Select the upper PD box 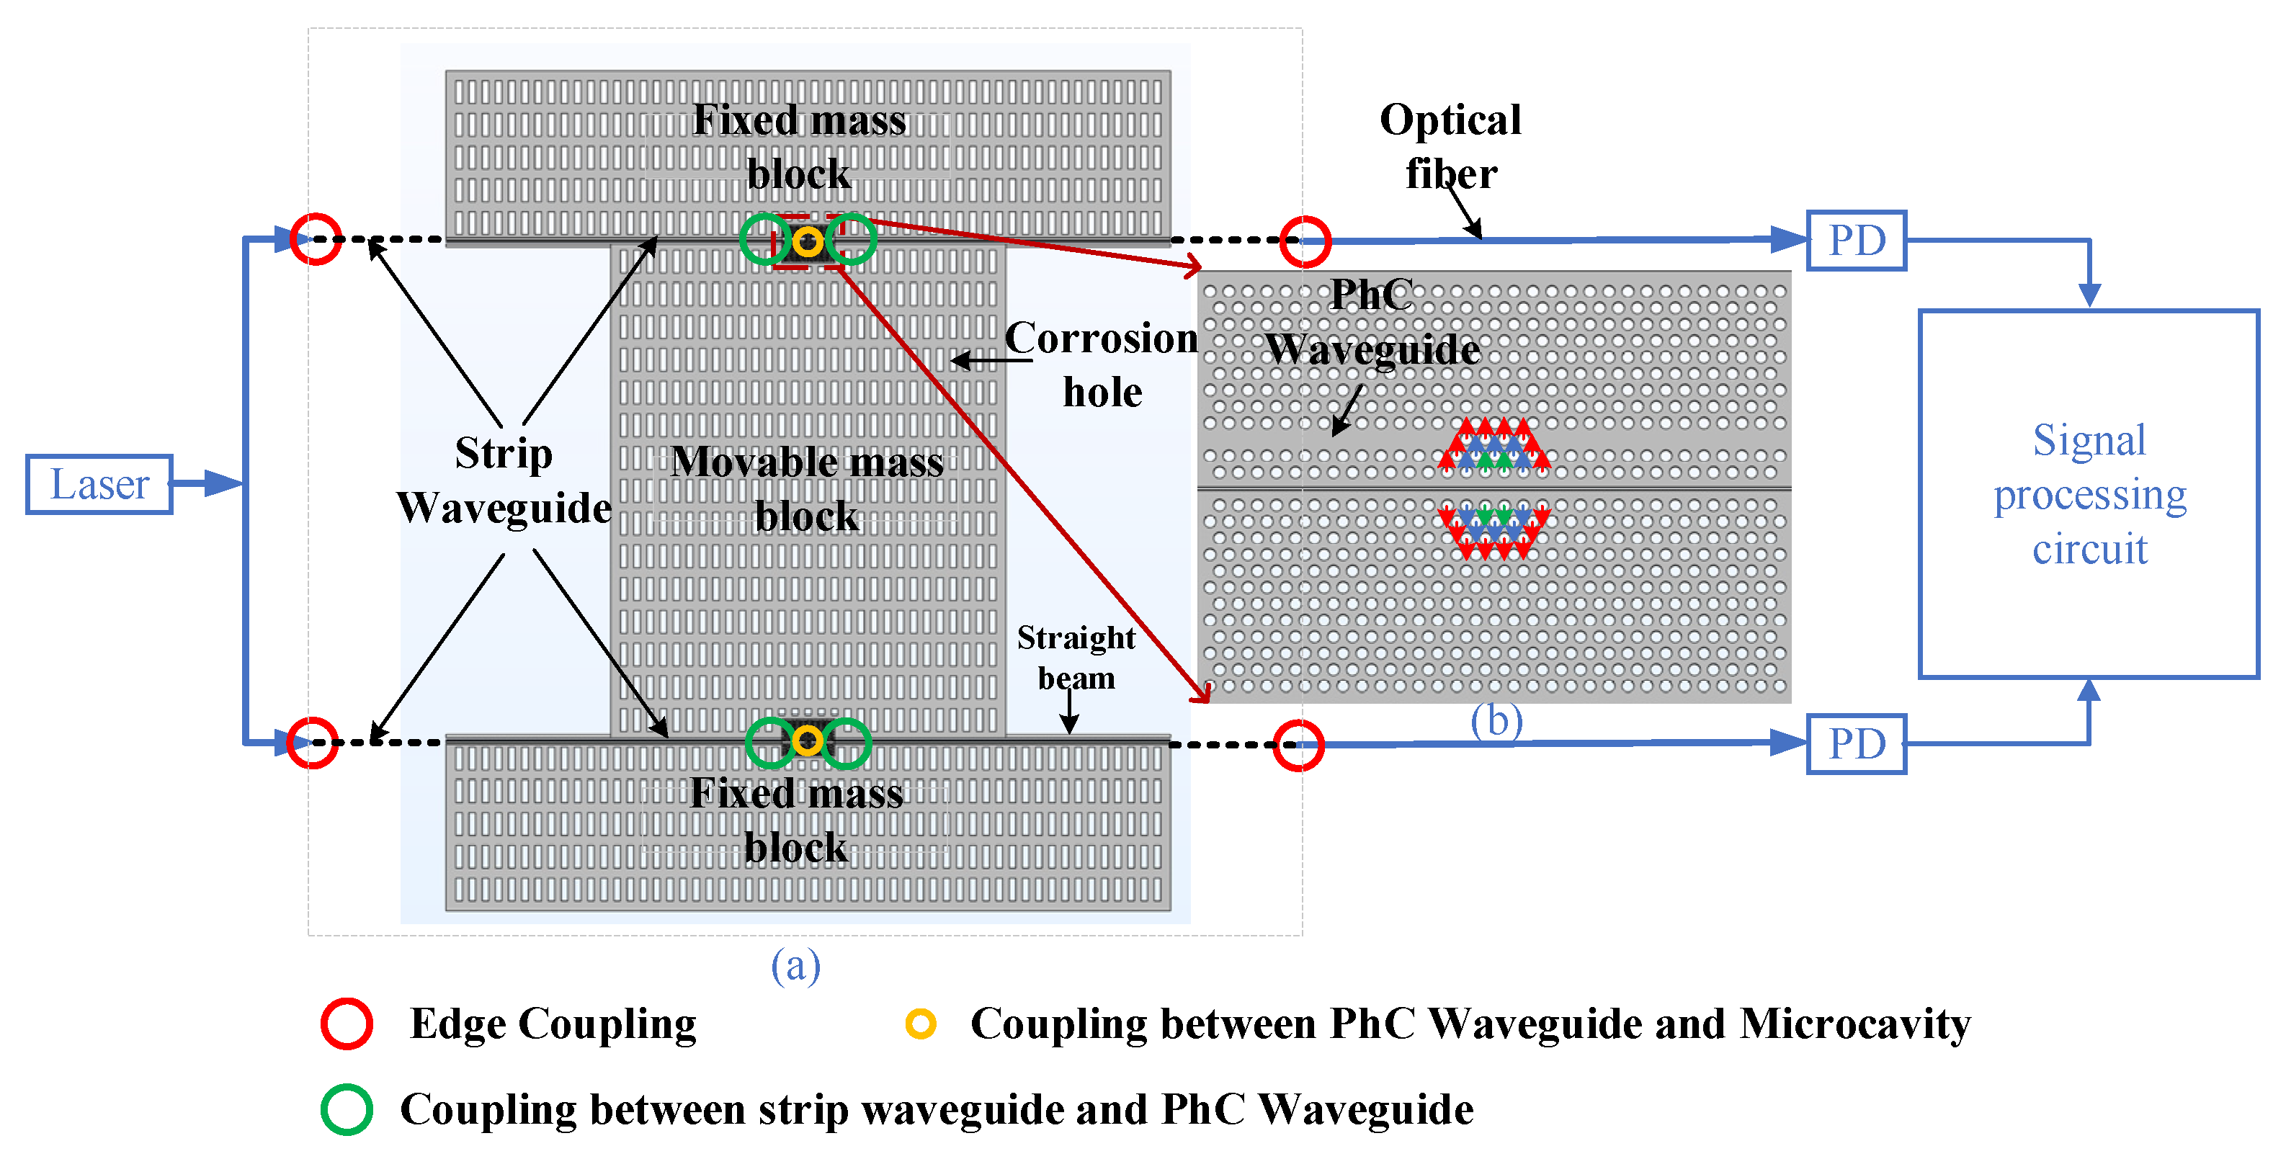[1856, 241]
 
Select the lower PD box [1856, 743]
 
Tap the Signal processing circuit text [2089, 494]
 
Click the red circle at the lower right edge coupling [1298, 745]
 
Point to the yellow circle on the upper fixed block [808, 241]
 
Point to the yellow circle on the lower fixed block [808, 741]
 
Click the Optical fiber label [1450, 146]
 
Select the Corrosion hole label [1102, 364]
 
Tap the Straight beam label [1076, 657]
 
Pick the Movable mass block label [807, 488]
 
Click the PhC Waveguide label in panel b [1372, 321]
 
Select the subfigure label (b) [1496, 720]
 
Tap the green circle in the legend [346, 1109]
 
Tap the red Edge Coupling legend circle [346, 1024]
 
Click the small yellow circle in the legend [920, 1024]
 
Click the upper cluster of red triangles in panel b [1494, 443]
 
